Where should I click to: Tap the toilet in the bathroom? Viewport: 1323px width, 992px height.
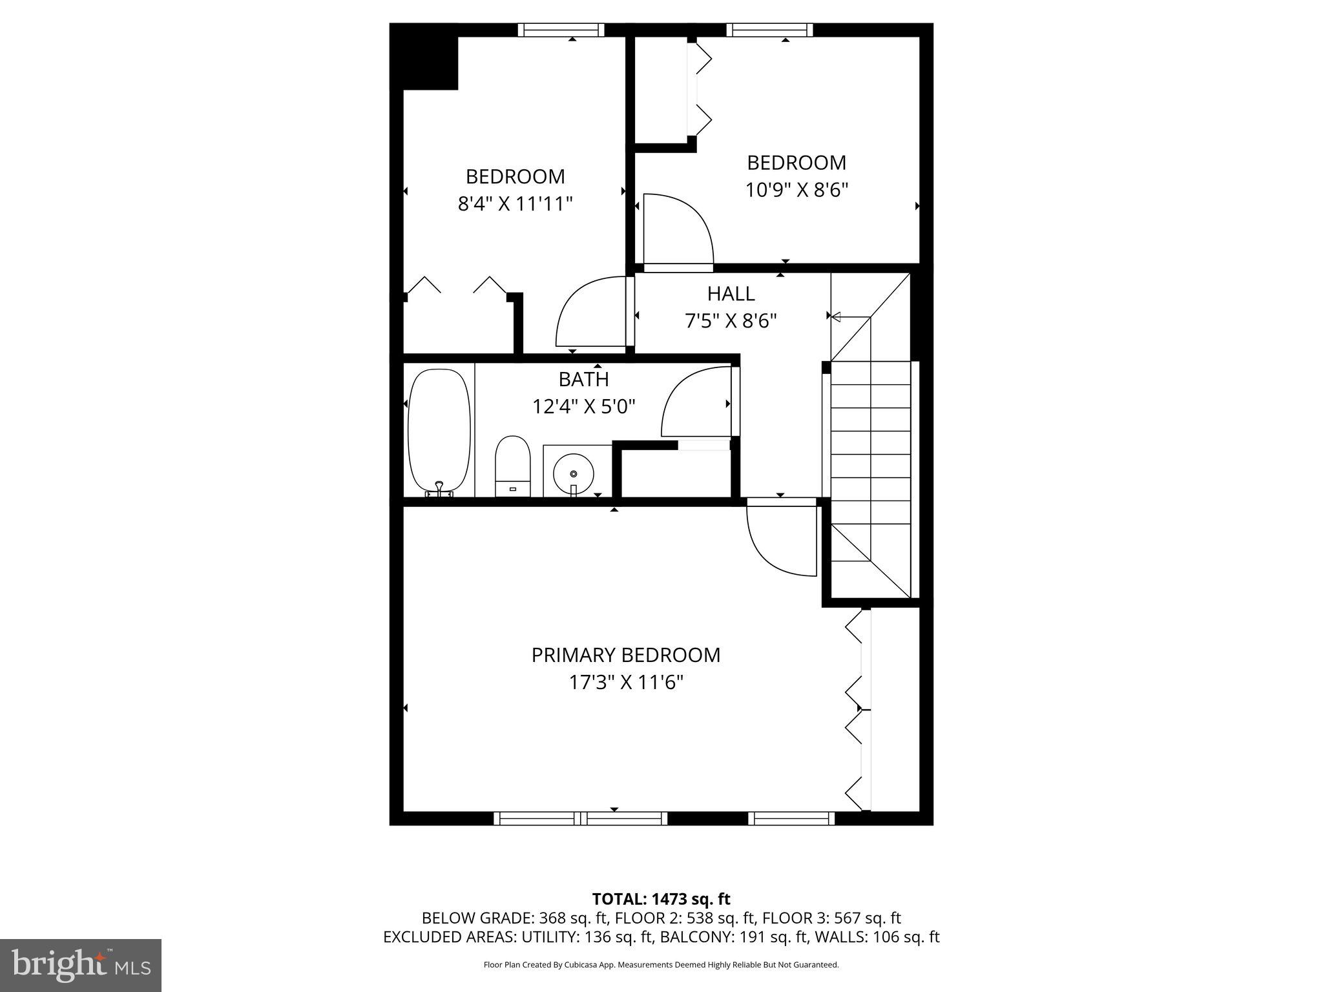tap(512, 465)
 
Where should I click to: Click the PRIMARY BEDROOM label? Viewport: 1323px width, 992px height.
tap(625, 655)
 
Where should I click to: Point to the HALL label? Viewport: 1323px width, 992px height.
tap(731, 294)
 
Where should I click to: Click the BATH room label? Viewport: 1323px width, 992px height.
tap(583, 379)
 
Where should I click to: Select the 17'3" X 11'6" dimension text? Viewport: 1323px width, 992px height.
tap(625, 683)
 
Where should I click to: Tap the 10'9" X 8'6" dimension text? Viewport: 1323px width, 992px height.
tap(796, 191)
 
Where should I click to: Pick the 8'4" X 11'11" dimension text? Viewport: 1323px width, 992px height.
tap(515, 204)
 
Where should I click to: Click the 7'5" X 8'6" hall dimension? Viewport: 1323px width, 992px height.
tap(731, 321)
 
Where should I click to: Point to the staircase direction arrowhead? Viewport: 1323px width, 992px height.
tap(836, 317)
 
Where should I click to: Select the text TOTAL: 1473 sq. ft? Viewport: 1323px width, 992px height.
tap(661, 899)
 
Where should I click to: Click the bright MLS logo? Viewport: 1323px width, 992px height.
tap(81, 965)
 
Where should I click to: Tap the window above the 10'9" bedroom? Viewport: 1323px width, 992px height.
tap(769, 30)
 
